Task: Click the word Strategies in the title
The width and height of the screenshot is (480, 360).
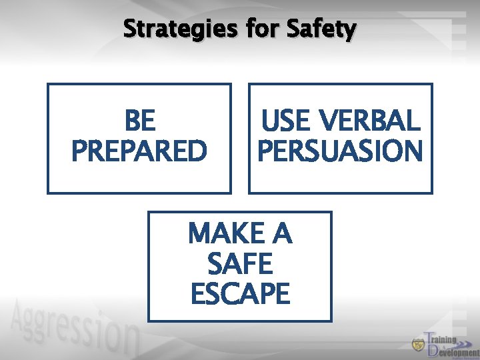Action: pos(179,29)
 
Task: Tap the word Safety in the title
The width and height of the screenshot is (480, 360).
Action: pos(321,29)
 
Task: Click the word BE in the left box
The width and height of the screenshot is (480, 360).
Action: pos(139,122)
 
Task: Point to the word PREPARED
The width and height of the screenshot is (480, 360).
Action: pos(139,151)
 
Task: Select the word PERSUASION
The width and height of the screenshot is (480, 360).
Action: pos(341,151)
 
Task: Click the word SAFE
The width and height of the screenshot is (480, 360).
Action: pos(240,265)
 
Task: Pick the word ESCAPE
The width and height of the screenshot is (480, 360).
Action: pos(240,294)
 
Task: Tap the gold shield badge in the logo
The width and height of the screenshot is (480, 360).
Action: pos(418,345)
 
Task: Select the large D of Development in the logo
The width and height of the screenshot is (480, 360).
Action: pos(433,350)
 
